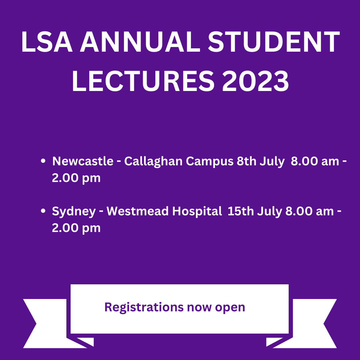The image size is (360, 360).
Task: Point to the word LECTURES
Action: click(x=142, y=81)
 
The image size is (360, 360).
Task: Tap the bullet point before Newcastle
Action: click(x=43, y=161)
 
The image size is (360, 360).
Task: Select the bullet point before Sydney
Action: click(x=43, y=211)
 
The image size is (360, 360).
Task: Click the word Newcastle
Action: click(x=83, y=161)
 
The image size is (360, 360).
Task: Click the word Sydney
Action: click(x=74, y=211)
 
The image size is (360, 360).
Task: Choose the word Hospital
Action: click(x=197, y=211)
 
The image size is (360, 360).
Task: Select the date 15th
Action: click(x=239, y=211)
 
